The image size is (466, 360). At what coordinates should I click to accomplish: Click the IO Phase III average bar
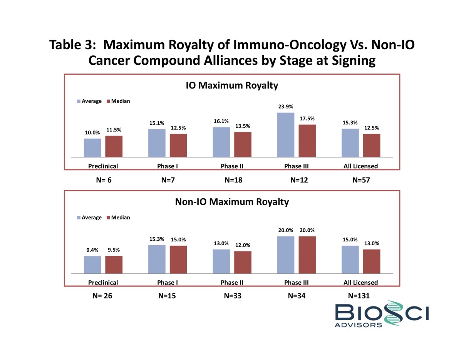(x=285, y=135)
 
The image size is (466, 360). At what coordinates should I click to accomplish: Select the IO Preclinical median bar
(x=114, y=147)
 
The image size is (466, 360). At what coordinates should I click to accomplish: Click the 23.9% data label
(x=285, y=107)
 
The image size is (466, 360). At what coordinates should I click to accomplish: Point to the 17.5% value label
(x=307, y=119)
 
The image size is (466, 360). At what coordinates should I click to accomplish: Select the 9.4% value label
(x=92, y=249)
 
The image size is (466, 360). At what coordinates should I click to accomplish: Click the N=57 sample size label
(x=361, y=180)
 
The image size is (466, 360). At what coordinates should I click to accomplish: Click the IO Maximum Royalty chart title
(x=232, y=85)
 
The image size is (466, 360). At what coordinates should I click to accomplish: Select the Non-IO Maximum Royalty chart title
(x=232, y=202)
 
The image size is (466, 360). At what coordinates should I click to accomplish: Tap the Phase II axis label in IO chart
(x=232, y=166)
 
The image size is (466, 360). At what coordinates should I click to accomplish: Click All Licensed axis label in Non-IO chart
(x=361, y=283)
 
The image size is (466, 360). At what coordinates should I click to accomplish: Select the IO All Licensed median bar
(x=372, y=146)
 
